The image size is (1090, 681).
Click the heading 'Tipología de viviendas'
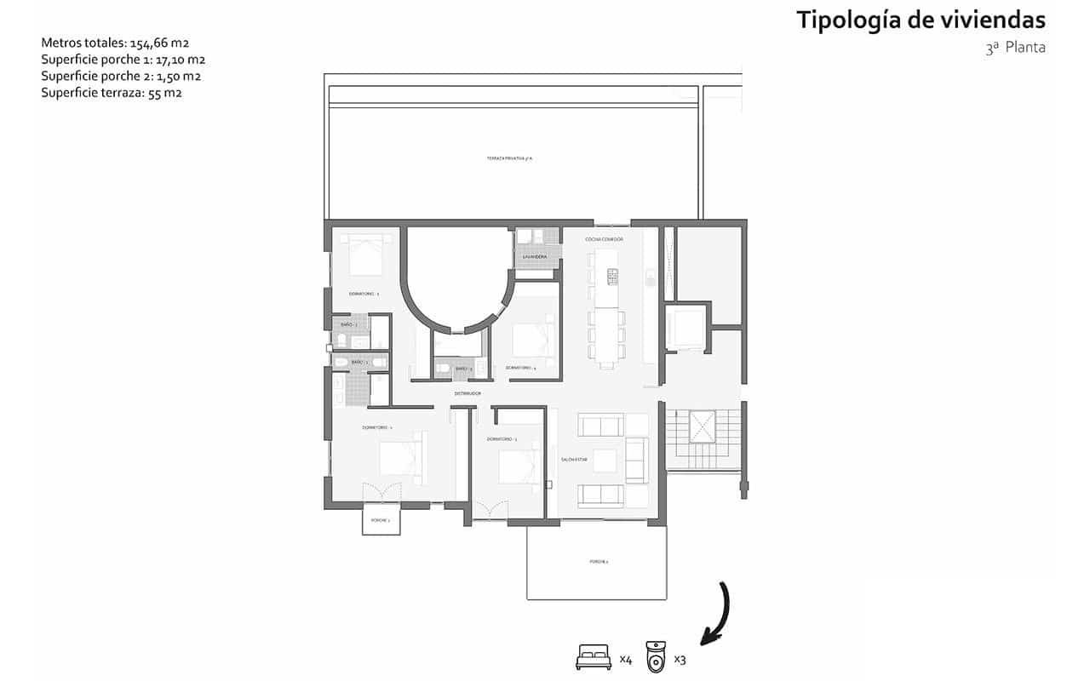coord(921,20)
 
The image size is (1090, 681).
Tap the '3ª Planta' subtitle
coord(1015,49)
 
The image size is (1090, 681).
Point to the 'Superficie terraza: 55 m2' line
coord(112,93)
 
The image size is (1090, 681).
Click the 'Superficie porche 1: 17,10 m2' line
coord(123,59)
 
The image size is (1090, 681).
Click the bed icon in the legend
coord(594,657)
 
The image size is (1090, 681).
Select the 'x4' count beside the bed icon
coord(625,659)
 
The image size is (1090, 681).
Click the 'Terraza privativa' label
coord(509,159)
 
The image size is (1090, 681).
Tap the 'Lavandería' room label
coord(536,256)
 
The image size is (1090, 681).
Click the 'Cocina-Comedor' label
coord(604,240)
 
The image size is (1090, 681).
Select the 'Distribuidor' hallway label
coord(468,393)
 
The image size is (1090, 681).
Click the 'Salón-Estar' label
coord(574,460)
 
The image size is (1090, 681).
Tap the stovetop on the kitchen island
coord(611,276)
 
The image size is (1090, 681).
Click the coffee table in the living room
coord(605,461)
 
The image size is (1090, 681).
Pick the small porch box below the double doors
coord(381,520)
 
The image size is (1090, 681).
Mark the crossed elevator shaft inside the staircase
coord(703,426)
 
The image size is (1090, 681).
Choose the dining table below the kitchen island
coord(605,335)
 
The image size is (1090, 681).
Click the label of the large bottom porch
coord(599,562)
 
